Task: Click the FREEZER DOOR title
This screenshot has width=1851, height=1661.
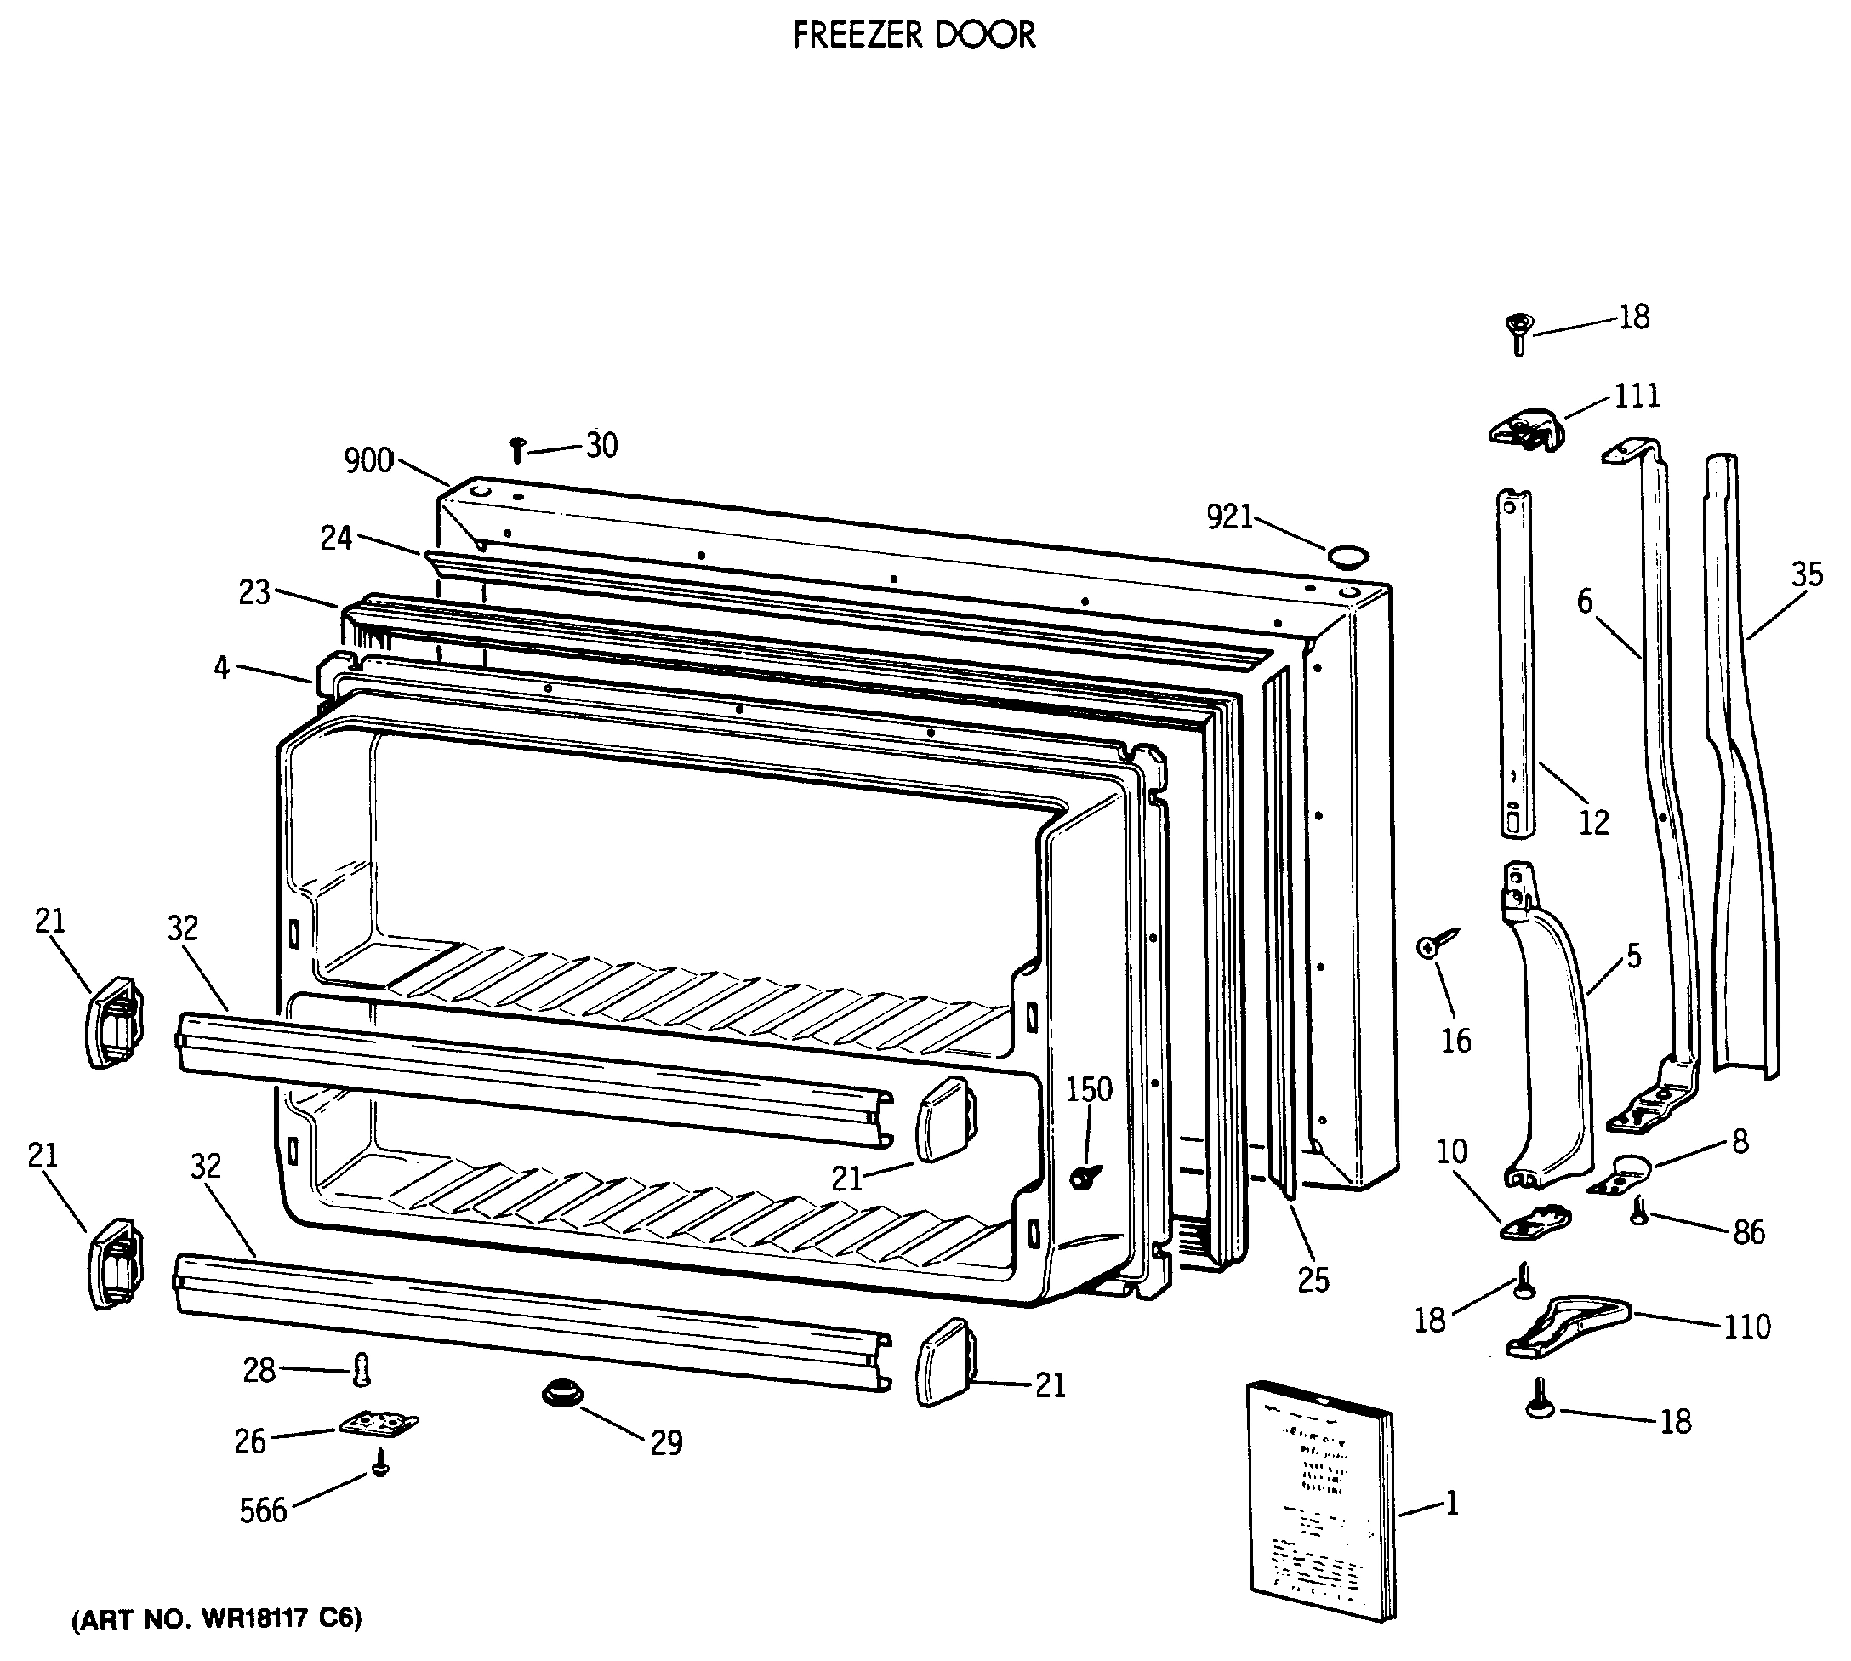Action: pos(914,36)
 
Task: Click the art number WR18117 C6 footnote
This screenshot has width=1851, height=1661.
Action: pos(217,1618)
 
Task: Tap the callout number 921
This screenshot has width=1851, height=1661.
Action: pos(1229,517)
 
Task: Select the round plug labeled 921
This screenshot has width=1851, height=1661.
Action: pos(1347,555)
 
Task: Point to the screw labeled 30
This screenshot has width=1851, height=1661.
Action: pos(517,449)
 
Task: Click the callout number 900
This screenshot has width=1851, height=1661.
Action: pos(368,461)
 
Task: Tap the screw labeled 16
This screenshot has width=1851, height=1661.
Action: pos(1437,945)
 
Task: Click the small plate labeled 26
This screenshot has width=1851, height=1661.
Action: pos(378,1424)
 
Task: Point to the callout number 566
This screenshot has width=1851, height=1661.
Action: pos(263,1510)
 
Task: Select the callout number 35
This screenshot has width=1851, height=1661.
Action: pos(1806,575)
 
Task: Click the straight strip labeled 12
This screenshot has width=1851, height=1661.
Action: pos(1516,662)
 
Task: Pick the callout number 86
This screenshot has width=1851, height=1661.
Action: pos(1748,1232)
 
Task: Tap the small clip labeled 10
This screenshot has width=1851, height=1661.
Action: pos(1537,1222)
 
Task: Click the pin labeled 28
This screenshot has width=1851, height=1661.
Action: pos(362,1369)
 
